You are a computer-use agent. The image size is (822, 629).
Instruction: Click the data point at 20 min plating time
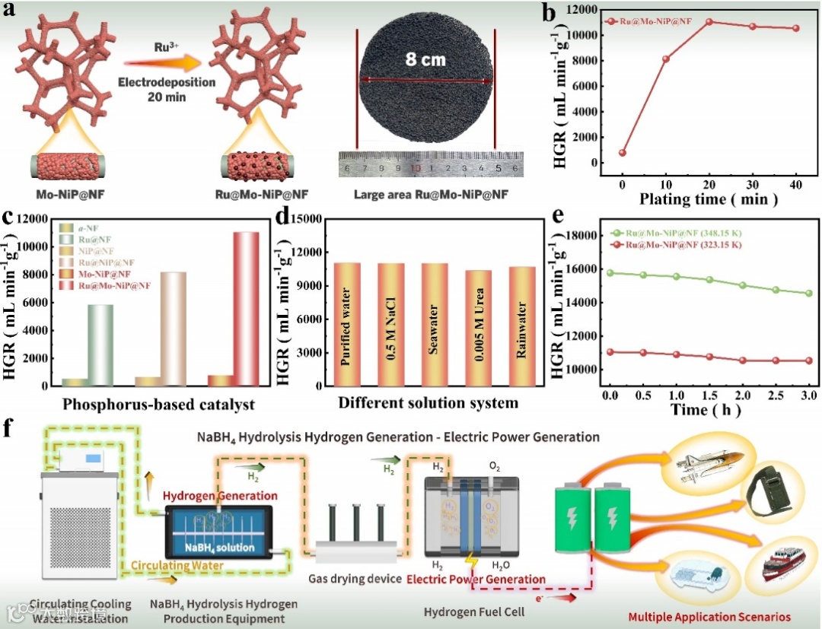(x=709, y=21)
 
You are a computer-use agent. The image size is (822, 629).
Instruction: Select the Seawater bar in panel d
(x=435, y=324)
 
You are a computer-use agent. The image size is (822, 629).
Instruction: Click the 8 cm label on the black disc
(x=425, y=59)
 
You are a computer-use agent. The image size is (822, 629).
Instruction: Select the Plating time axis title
(x=709, y=200)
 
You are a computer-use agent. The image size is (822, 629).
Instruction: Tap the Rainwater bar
(x=522, y=326)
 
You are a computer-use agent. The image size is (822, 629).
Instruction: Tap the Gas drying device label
(x=355, y=579)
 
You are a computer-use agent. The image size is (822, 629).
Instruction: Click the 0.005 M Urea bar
(x=478, y=328)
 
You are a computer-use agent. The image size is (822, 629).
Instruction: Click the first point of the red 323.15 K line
(x=610, y=351)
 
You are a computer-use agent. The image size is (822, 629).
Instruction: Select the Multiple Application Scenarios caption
(x=709, y=616)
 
